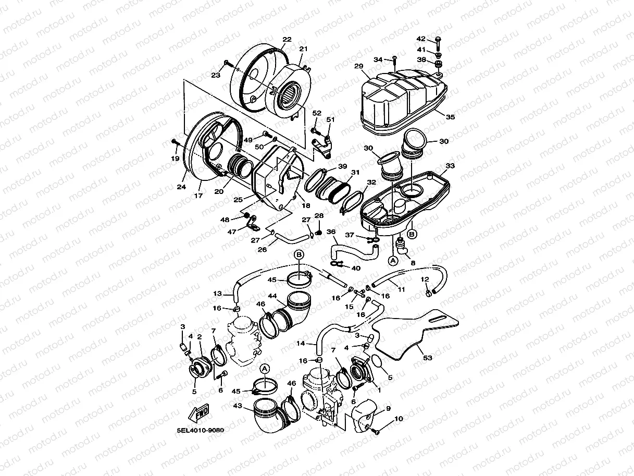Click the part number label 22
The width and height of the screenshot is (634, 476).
click(x=287, y=40)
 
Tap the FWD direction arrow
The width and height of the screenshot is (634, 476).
click(x=201, y=413)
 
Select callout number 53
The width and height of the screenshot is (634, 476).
click(x=428, y=359)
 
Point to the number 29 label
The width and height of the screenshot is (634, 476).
click(x=358, y=66)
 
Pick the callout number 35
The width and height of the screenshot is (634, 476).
click(x=450, y=117)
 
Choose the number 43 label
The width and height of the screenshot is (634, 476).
click(x=237, y=406)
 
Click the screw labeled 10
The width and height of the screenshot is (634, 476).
click(x=376, y=431)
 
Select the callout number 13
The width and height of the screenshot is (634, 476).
click(x=217, y=294)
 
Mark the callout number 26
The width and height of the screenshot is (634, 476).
click(x=263, y=249)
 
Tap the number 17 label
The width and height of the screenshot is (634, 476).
click(x=198, y=196)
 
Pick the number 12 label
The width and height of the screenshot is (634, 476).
click(x=425, y=279)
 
